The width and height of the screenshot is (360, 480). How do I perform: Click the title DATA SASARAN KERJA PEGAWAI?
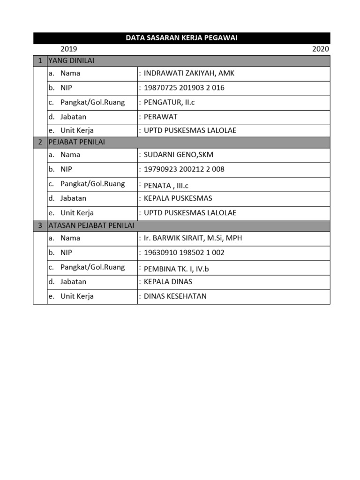click(181, 38)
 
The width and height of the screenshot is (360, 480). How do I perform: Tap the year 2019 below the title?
click(69, 49)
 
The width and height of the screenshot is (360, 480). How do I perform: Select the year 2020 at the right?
click(321, 49)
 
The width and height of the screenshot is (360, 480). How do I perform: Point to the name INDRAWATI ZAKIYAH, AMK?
click(189, 74)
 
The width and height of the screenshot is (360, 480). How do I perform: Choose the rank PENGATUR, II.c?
click(169, 103)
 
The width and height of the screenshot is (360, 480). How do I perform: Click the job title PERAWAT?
click(161, 117)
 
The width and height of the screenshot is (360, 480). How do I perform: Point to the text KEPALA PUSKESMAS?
click(178, 198)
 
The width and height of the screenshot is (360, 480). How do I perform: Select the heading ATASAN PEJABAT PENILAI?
click(91, 226)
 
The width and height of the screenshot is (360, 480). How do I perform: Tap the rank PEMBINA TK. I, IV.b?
click(177, 269)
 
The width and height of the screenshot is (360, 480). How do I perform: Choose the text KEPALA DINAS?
click(168, 282)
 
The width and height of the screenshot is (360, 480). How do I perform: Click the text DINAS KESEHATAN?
click(175, 296)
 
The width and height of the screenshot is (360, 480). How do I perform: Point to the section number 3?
click(40, 226)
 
